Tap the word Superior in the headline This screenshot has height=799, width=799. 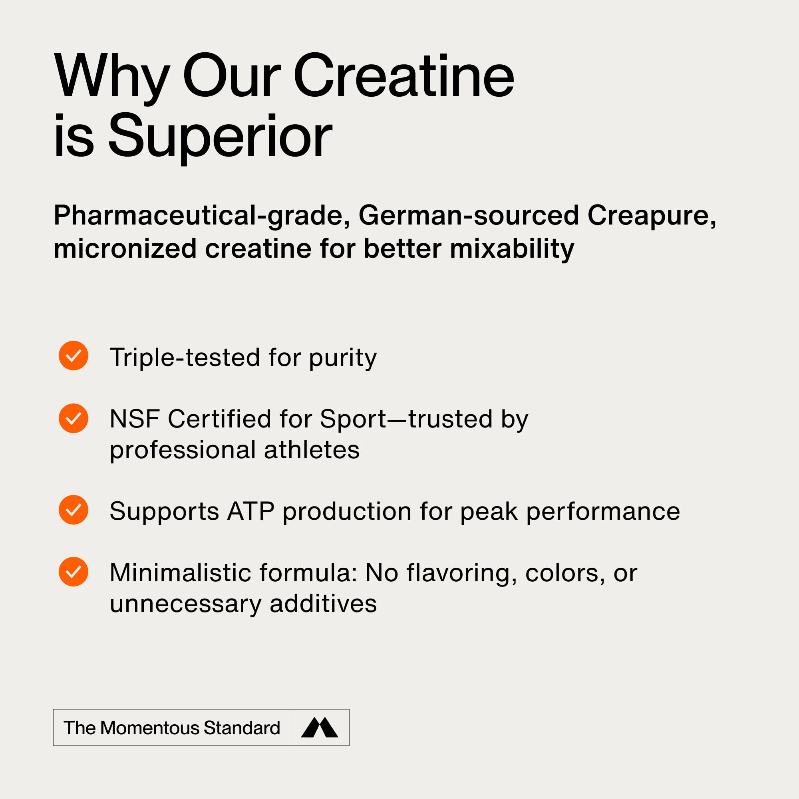[x=221, y=136]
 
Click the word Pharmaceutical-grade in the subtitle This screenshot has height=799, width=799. [x=202, y=216]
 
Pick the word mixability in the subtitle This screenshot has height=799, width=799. [x=512, y=249]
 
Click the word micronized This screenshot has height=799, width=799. [x=125, y=249]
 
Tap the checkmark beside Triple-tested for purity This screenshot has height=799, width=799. [x=74, y=356]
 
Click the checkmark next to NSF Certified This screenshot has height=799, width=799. [x=74, y=419]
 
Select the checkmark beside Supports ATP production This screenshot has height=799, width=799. [x=74, y=510]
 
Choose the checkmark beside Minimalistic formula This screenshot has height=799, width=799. [x=74, y=572]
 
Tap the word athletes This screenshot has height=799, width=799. [x=312, y=450]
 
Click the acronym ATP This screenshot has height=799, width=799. [x=251, y=512]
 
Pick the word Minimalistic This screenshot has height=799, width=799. [x=180, y=573]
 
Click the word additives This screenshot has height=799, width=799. [x=324, y=604]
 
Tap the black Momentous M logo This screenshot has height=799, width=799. [x=320, y=727]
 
